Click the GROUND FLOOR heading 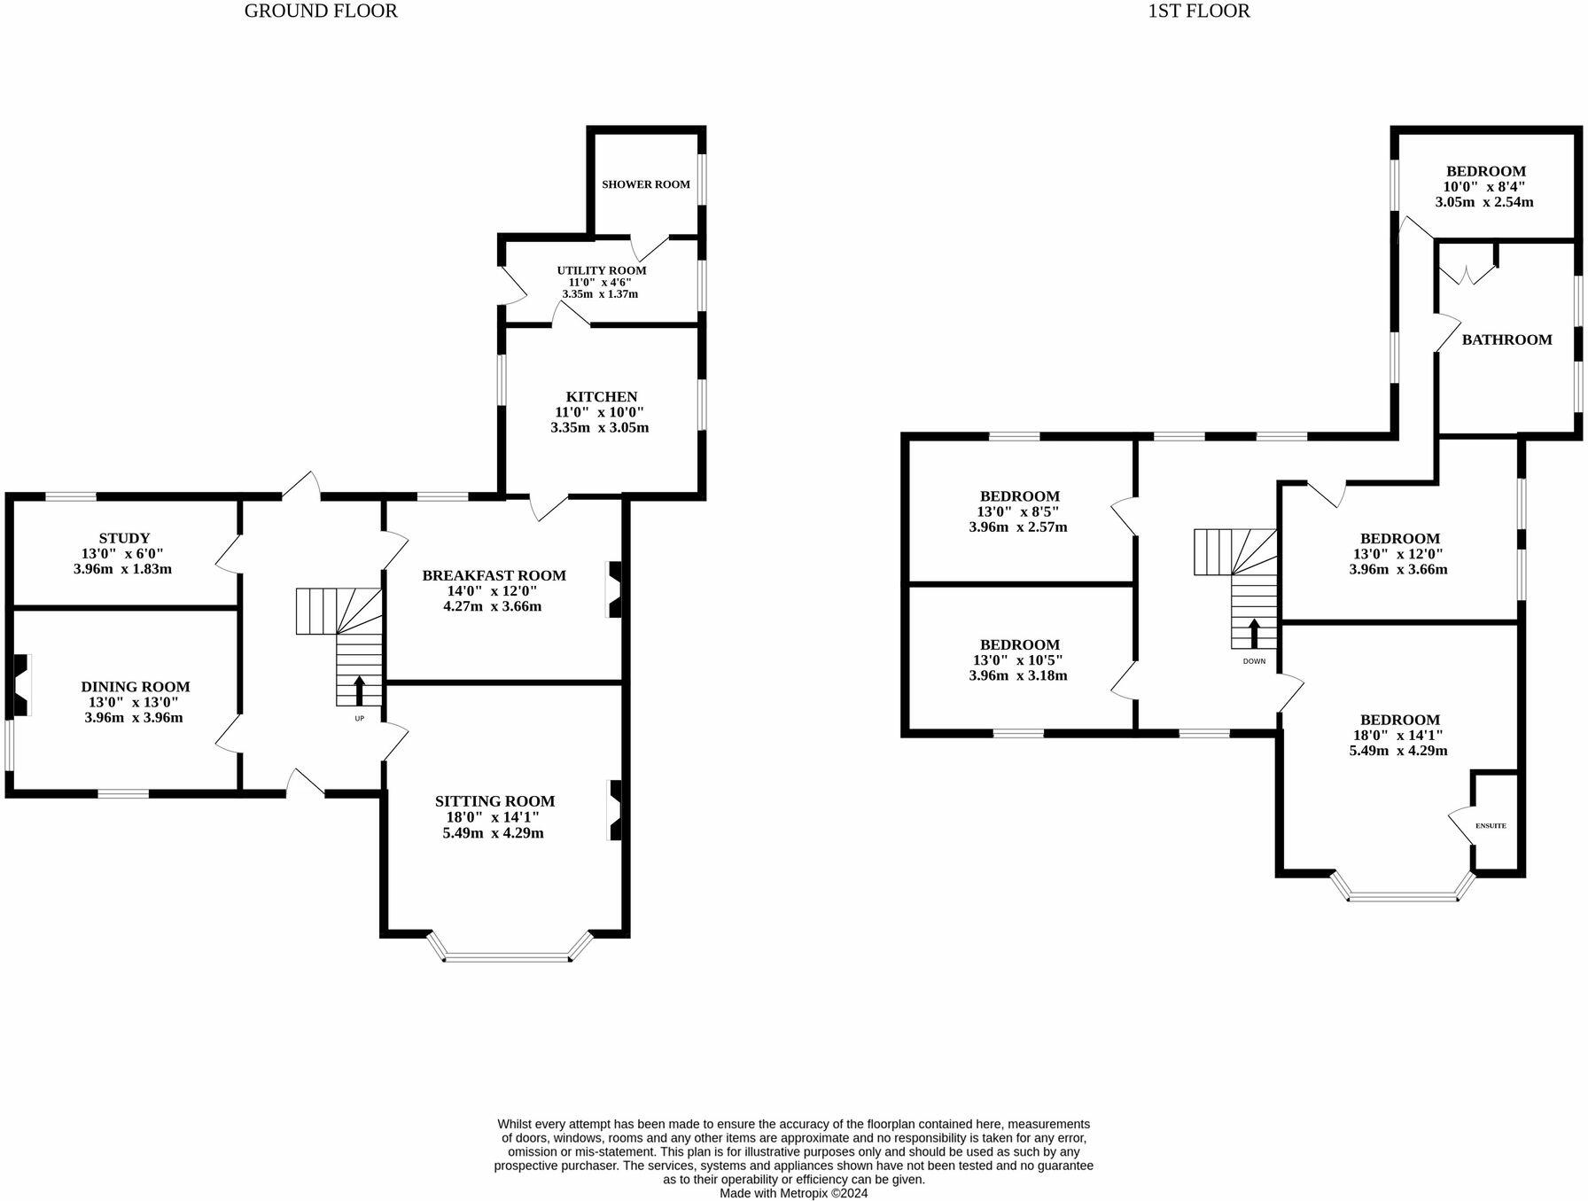tap(321, 12)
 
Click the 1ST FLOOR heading tap(1198, 12)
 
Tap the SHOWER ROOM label tap(645, 184)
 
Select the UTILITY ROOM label tap(601, 270)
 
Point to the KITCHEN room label tap(602, 396)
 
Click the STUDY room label tap(124, 538)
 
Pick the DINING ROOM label tap(135, 687)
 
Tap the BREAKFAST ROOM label tap(494, 575)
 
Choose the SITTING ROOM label tap(494, 801)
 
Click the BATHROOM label tap(1506, 339)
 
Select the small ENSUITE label tap(1491, 826)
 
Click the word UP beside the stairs tap(359, 719)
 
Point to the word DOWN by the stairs tap(1254, 661)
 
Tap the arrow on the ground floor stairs tap(359, 690)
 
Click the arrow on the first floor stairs tap(1254, 633)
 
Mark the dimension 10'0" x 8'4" tap(1484, 187)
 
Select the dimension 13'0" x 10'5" tap(1018, 660)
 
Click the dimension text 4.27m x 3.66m tap(492, 606)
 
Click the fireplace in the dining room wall tap(20, 684)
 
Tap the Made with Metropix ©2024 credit tap(793, 1193)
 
